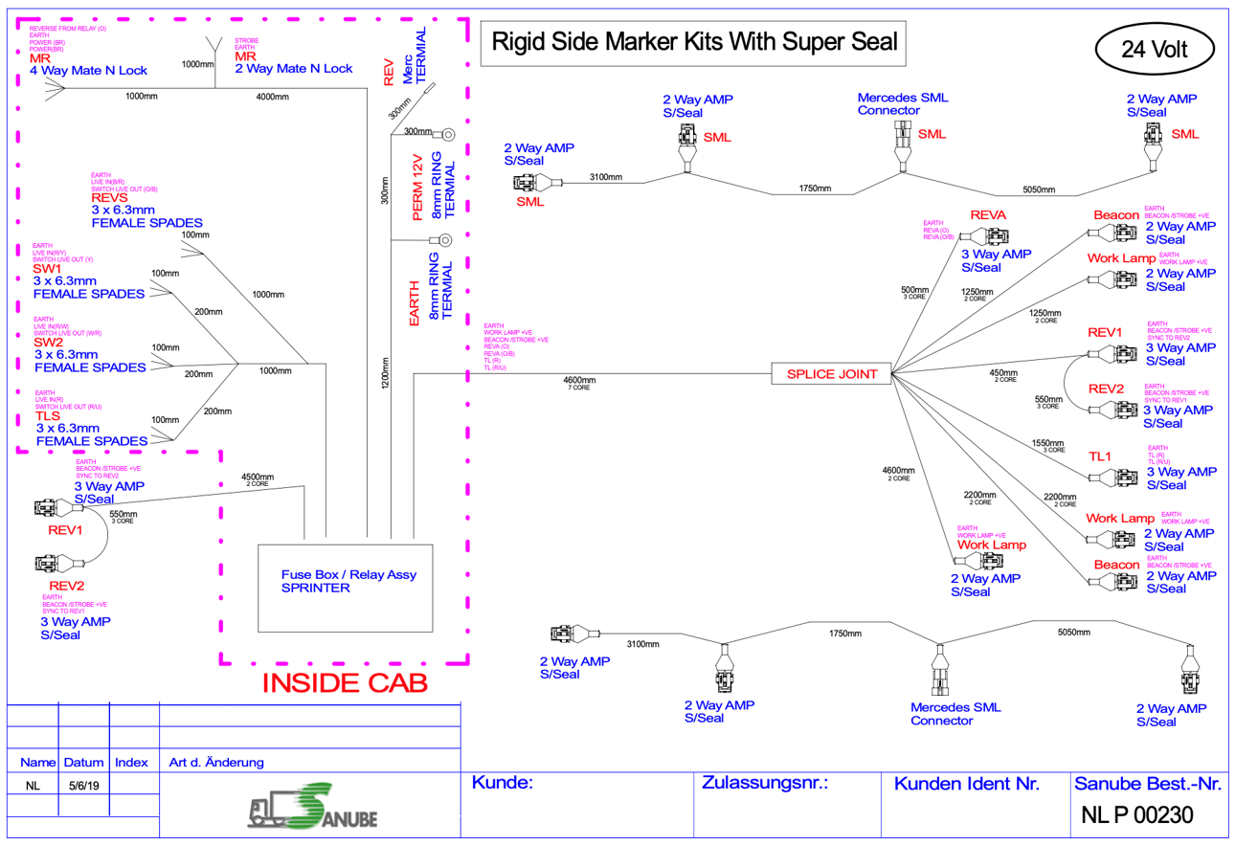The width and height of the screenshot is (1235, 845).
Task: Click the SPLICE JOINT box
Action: [832, 374]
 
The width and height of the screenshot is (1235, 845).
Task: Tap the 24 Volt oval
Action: [1154, 49]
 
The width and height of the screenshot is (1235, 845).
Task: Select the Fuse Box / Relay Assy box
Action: [348, 588]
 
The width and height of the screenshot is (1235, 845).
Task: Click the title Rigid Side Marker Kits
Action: [694, 42]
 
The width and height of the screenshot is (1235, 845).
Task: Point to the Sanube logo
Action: [313, 811]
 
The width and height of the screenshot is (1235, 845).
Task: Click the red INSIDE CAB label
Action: [345, 682]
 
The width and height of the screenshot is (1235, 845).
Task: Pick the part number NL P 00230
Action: [1137, 816]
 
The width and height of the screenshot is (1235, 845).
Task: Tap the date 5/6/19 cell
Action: [84, 785]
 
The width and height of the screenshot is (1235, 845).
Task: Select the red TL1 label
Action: [1100, 456]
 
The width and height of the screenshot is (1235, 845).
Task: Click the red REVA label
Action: [988, 215]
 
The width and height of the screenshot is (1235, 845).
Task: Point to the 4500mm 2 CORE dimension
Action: [258, 479]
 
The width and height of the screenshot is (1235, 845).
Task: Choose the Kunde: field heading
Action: [503, 783]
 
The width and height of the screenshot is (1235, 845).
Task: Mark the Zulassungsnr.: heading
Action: [764, 783]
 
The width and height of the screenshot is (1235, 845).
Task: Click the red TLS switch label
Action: [48, 416]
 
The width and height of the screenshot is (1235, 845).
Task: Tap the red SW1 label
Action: [47, 269]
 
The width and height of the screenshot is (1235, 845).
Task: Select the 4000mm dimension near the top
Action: [273, 98]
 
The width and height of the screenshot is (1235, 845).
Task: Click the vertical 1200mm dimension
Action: [385, 373]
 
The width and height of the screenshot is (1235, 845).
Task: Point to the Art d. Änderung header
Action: [216, 763]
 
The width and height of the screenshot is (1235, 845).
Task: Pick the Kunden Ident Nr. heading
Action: [966, 784]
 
